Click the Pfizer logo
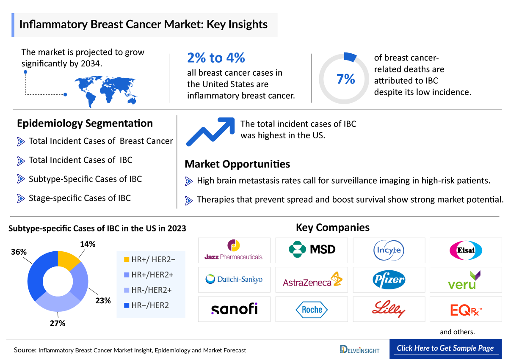point(389,280)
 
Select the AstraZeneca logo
point(312,280)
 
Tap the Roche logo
point(312,309)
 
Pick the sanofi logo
point(234,309)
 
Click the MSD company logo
point(312,250)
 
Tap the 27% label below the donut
point(58,324)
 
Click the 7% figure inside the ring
point(345,79)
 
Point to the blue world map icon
point(108,90)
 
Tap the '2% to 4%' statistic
point(216,58)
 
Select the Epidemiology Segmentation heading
point(85,124)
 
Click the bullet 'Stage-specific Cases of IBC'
point(79,198)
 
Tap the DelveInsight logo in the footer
point(360,349)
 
